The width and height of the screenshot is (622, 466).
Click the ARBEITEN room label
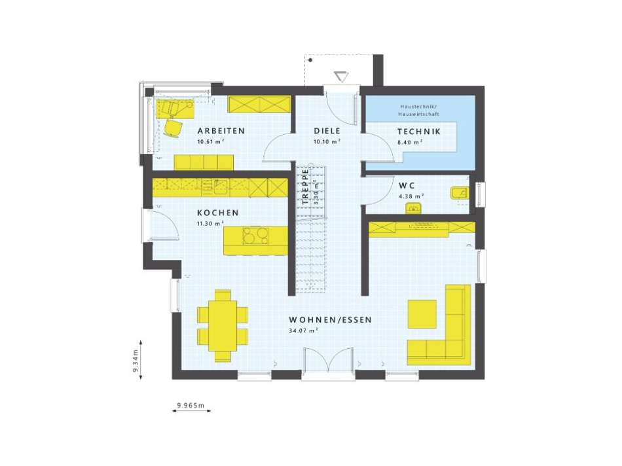[221, 131]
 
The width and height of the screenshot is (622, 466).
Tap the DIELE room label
[327, 131]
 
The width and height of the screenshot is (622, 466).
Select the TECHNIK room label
[419, 132]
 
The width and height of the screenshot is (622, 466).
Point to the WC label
[407, 185]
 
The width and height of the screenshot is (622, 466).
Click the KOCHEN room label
[217, 213]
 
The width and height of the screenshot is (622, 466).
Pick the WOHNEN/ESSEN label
[331, 320]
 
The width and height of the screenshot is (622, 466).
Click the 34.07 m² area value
[302, 331]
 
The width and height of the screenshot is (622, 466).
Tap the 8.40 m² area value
[411, 141]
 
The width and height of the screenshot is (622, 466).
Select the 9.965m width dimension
[190, 406]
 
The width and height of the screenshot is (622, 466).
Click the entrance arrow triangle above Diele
[340, 77]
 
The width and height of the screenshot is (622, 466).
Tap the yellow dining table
[223, 325]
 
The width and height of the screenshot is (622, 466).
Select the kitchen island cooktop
[256, 235]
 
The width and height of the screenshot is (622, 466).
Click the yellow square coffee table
[422, 314]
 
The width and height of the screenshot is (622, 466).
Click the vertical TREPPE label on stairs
[305, 188]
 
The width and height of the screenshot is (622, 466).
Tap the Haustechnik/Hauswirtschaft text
[419, 110]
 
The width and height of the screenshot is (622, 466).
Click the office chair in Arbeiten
[174, 128]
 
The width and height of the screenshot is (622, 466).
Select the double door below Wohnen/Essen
[329, 363]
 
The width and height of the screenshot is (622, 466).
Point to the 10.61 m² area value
[211, 141]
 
